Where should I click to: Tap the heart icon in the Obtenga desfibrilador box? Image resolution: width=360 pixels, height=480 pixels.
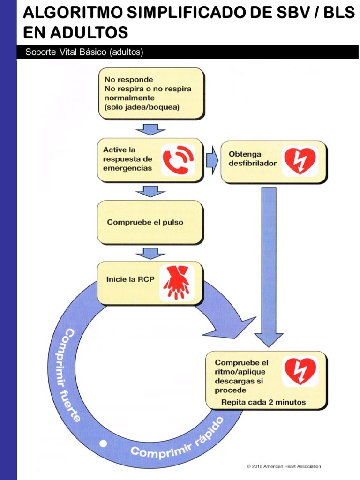pos(300,160)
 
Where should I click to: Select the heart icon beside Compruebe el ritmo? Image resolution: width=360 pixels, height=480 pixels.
pos(300,371)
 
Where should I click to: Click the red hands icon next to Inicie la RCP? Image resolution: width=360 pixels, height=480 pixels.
pos(177,282)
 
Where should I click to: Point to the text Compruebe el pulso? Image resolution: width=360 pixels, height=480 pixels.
pos(145,222)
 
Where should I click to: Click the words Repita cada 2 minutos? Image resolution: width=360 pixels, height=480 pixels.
pos(263,402)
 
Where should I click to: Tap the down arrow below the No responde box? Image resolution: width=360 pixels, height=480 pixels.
pos(150,128)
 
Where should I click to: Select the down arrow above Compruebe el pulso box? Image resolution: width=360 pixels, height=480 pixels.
pos(150,191)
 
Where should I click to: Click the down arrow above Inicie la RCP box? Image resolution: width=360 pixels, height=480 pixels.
pos(150,253)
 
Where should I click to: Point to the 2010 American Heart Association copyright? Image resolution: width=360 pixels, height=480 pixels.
pos(284,466)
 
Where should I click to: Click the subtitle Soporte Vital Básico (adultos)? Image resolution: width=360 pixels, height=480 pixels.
pos(84,52)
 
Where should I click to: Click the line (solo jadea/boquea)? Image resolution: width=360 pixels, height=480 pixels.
pos(139,106)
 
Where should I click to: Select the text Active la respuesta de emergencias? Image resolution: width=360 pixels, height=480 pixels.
pos(127,159)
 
